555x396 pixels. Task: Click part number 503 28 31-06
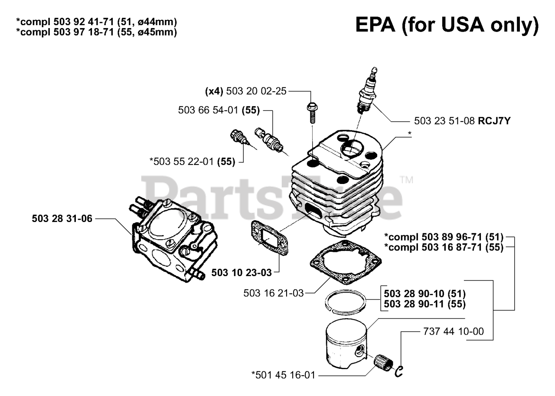point(62,219)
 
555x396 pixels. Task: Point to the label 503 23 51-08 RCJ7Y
point(462,122)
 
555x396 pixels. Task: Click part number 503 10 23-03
point(242,273)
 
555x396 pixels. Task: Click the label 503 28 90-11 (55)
point(424,304)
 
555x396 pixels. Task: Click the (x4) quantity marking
point(214,91)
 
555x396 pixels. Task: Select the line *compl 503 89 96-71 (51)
point(444,237)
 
